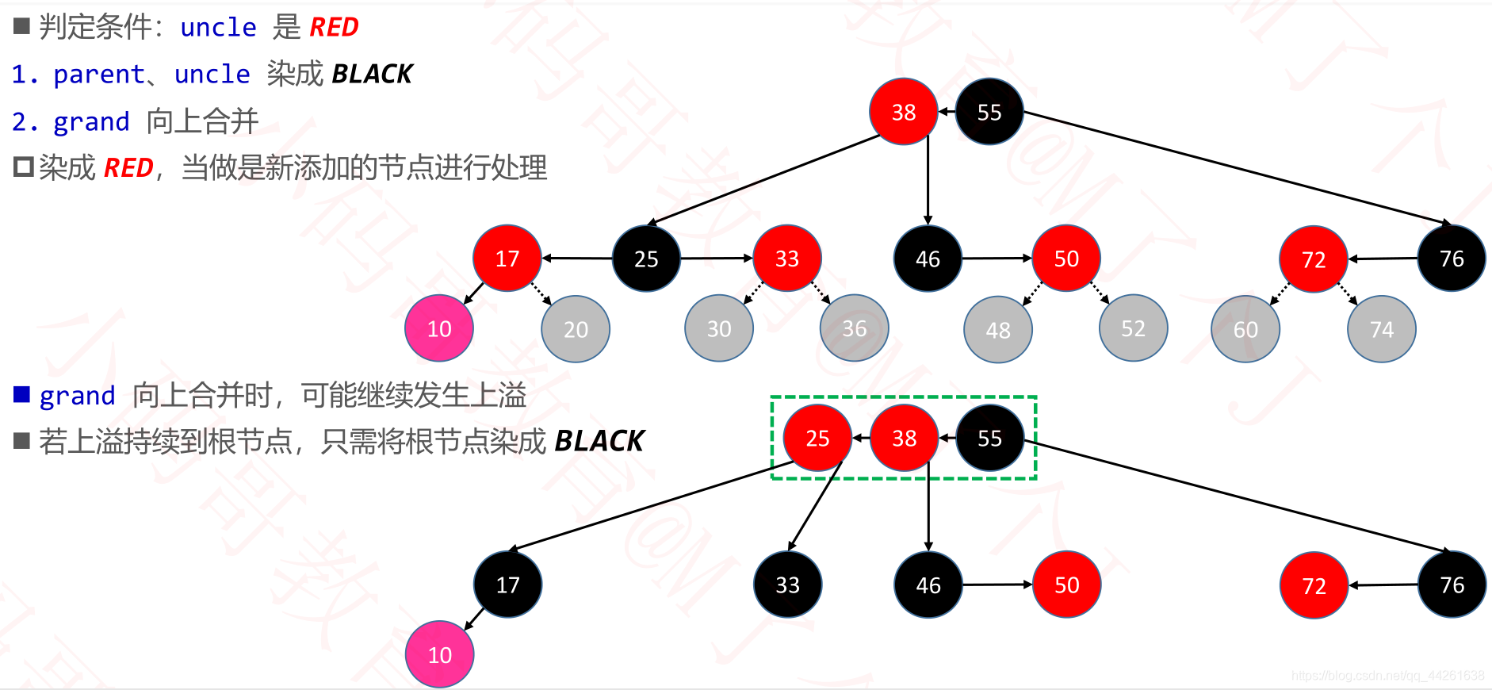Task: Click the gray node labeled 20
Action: click(x=576, y=329)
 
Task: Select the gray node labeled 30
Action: click(x=719, y=329)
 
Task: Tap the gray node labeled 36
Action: click(x=854, y=329)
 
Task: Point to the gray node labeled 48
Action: click(x=998, y=330)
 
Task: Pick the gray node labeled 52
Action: click(x=1133, y=329)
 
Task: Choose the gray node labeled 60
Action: click(x=1245, y=330)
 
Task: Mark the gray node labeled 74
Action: click(x=1381, y=330)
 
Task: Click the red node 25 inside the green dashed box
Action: click(x=817, y=438)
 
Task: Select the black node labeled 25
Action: click(x=646, y=259)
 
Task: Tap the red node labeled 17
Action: click(x=507, y=259)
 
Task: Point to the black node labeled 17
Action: click(x=507, y=585)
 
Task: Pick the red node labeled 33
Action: click(x=786, y=259)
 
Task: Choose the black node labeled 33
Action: click(x=787, y=585)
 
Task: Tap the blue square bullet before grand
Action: click(x=22, y=394)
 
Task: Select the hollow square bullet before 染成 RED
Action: click(x=24, y=167)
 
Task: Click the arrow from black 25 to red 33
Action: click(x=716, y=258)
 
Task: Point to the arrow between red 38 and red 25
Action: click(x=861, y=438)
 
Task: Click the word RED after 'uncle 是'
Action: click(x=334, y=28)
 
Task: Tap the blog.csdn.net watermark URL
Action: click(x=1387, y=676)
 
